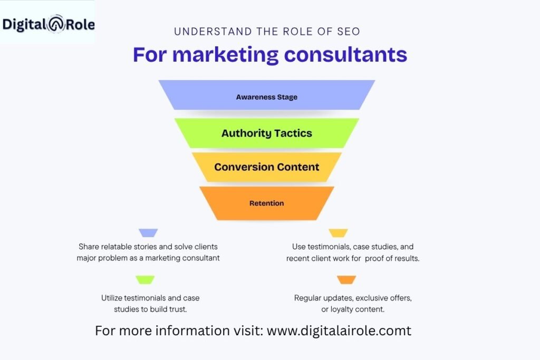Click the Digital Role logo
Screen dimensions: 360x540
coord(48,23)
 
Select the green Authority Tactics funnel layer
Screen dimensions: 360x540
coord(266,133)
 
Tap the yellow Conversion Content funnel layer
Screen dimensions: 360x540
coord(266,167)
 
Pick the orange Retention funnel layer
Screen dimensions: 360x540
coord(266,203)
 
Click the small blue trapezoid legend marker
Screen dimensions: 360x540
coord(148,233)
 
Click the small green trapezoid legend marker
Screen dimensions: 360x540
coord(145,280)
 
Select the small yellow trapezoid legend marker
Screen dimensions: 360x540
coord(338,233)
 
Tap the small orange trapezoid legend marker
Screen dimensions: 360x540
coord(346,280)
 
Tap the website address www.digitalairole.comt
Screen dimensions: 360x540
coord(339,330)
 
